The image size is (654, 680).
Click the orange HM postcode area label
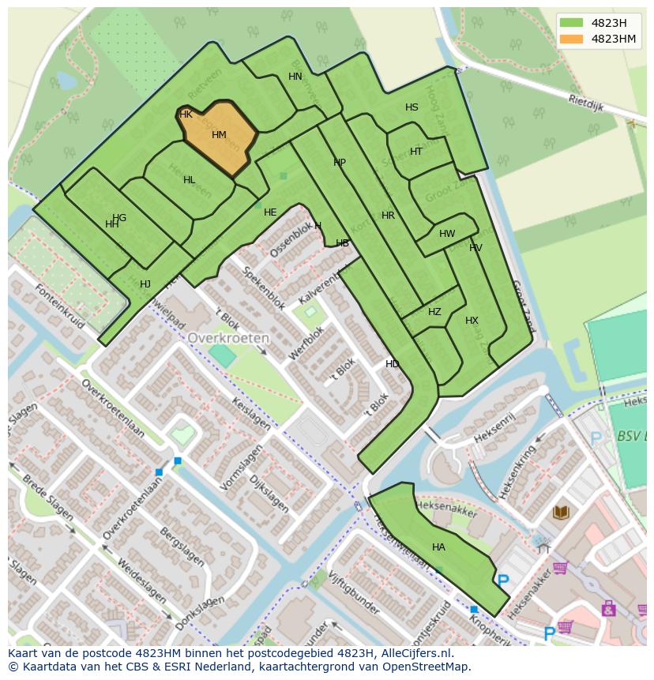point(219,135)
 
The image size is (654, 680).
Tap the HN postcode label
point(295,77)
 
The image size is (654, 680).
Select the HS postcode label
point(412,107)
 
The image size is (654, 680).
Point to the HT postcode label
point(416,152)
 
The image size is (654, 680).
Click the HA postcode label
point(438,547)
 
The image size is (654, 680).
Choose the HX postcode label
point(472,321)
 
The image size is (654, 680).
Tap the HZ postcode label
point(434,312)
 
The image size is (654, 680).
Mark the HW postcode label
point(447,234)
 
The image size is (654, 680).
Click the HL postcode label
point(189,180)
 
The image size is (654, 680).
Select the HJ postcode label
point(145,284)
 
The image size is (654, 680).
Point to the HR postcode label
point(388,216)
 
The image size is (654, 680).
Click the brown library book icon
point(561,513)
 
